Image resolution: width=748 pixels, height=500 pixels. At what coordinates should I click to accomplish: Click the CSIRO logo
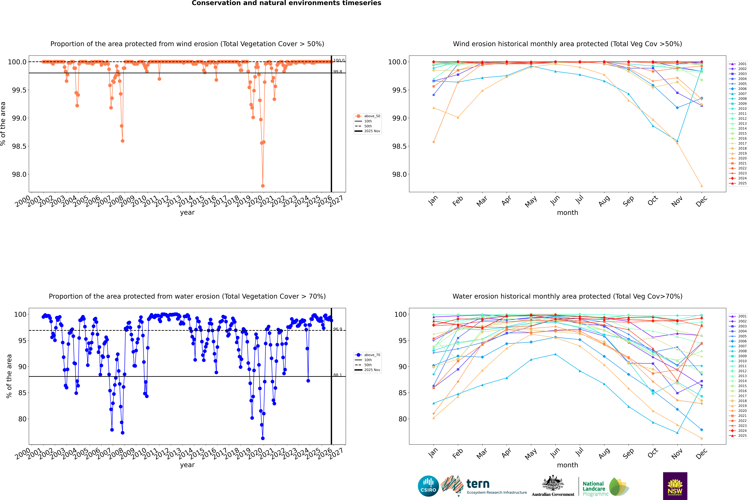pyautogui.click(x=428, y=486)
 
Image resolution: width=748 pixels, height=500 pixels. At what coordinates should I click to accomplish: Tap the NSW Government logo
pyautogui.click(x=675, y=486)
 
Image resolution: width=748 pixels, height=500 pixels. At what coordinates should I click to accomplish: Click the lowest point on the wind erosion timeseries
pyautogui.click(x=263, y=186)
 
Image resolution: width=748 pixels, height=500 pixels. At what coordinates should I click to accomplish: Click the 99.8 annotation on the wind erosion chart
pyautogui.click(x=338, y=71)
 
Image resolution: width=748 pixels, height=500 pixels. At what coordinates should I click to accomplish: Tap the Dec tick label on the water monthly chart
pyautogui.click(x=701, y=453)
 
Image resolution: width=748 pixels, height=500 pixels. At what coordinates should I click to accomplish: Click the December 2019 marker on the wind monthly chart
pyautogui.click(x=701, y=186)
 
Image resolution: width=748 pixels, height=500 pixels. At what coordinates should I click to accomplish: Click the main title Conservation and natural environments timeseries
pyautogui.click(x=286, y=3)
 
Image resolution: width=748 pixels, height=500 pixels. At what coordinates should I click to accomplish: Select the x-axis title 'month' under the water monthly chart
pyautogui.click(x=567, y=465)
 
